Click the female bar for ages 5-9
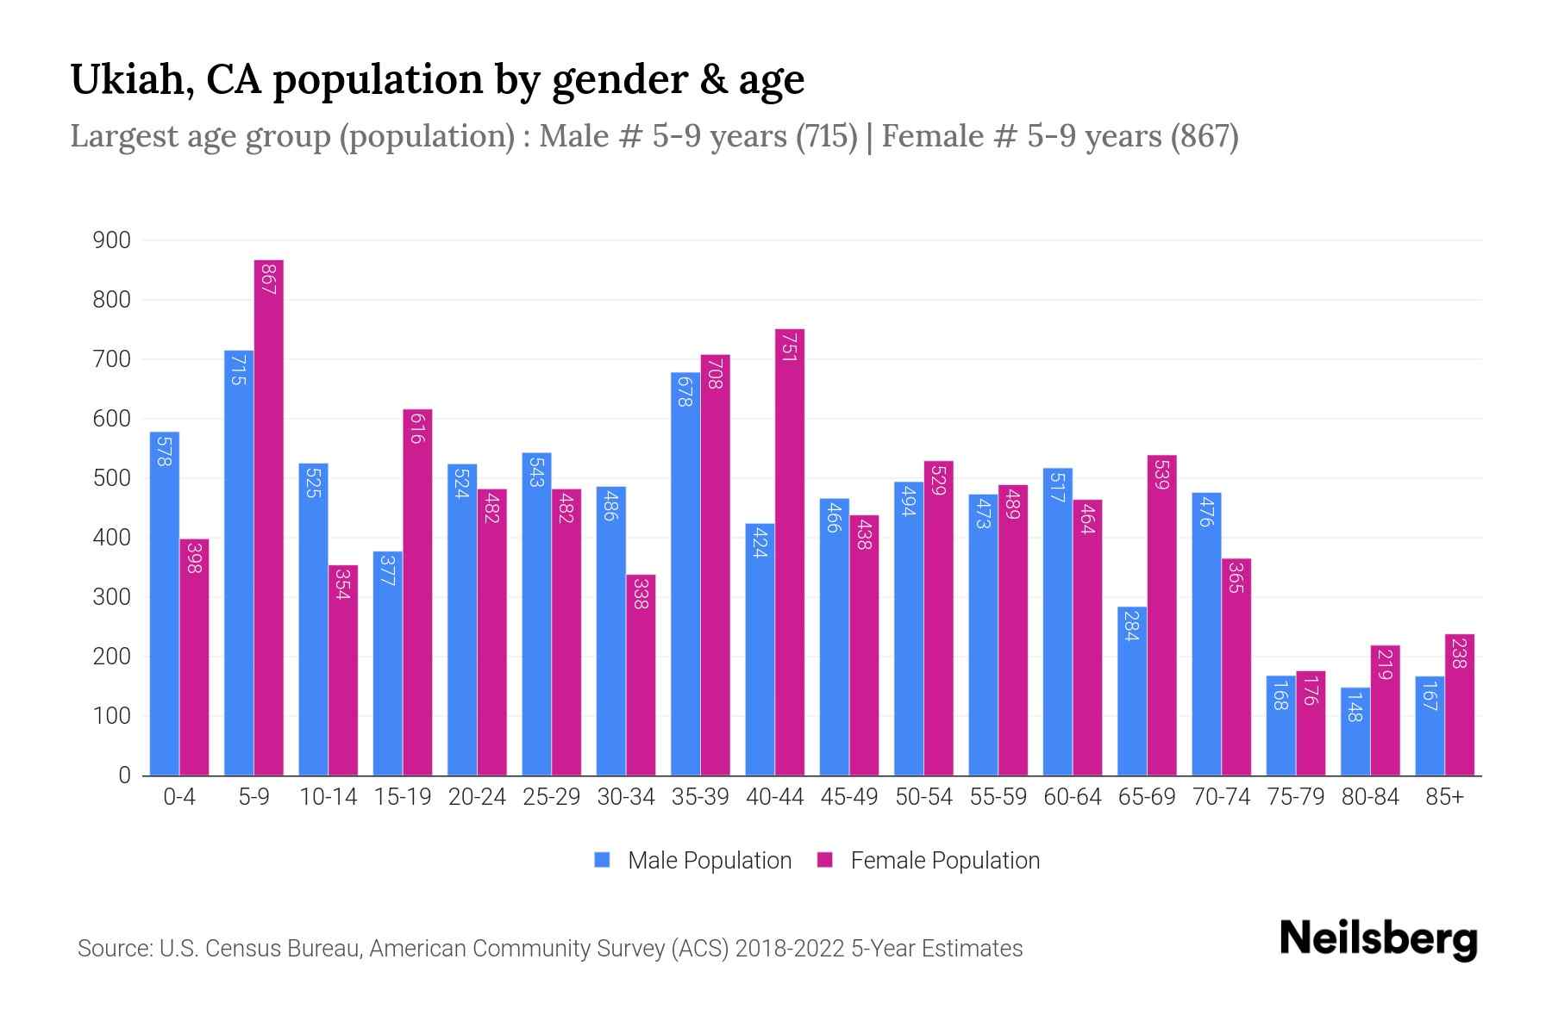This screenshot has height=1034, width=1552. [269, 517]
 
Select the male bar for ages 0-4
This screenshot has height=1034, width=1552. [164, 603]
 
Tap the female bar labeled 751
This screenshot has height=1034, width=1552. [790, 551]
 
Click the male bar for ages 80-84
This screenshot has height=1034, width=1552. [1355, 732]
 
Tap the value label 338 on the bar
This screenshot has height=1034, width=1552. [640, 594]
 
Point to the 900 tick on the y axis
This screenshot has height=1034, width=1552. [112, 240]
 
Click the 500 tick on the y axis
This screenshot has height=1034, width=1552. [112, 478]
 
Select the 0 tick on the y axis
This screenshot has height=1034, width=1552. [124, 775]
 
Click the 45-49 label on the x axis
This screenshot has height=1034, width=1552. [848, 797]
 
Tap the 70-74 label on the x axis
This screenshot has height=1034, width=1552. [1221, 797]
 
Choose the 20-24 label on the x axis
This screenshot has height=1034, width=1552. [477, 797]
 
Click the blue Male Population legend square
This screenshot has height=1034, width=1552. [603, 860]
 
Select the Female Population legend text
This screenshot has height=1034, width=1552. [945, 860]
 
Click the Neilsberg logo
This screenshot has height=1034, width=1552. [1378, 939]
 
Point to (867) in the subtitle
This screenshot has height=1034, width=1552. [1204, 136]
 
